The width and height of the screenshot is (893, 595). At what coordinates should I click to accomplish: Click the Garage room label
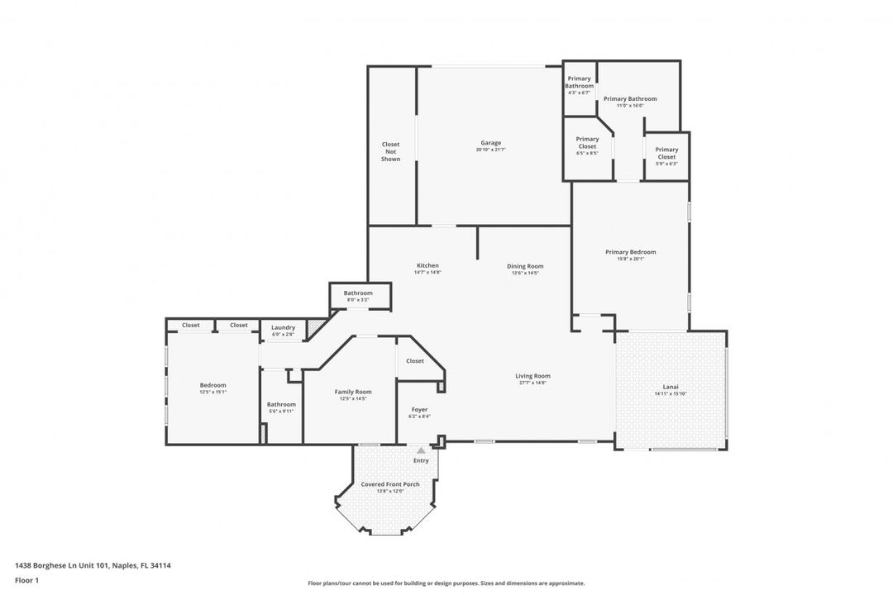pos(491,143)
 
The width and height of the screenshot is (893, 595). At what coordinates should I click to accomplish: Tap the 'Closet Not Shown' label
pos(390,151)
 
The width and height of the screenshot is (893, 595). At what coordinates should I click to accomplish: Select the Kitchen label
pos(427,265)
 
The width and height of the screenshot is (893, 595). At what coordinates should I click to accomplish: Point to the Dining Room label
pos(525,266)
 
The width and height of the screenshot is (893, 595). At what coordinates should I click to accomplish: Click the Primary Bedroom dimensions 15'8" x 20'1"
pos(630,259)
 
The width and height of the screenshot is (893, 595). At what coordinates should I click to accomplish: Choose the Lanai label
pos(671,387)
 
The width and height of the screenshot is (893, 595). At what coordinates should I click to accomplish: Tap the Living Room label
pos(532,376)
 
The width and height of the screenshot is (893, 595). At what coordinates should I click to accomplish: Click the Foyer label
pos(419,410)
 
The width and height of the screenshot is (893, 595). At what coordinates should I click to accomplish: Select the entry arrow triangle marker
pos(421,450)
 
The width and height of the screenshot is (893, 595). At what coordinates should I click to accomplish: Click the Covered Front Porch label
pos(389,484)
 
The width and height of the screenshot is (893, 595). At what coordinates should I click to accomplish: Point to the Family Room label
pos(353,392)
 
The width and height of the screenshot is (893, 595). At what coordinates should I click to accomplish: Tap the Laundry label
pos(283,327)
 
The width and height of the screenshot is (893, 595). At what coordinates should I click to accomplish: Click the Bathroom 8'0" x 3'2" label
pos(358,293)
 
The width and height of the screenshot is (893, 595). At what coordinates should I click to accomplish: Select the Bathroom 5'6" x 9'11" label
pos(281,404)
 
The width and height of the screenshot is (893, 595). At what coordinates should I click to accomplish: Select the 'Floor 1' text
pos(26,580)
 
